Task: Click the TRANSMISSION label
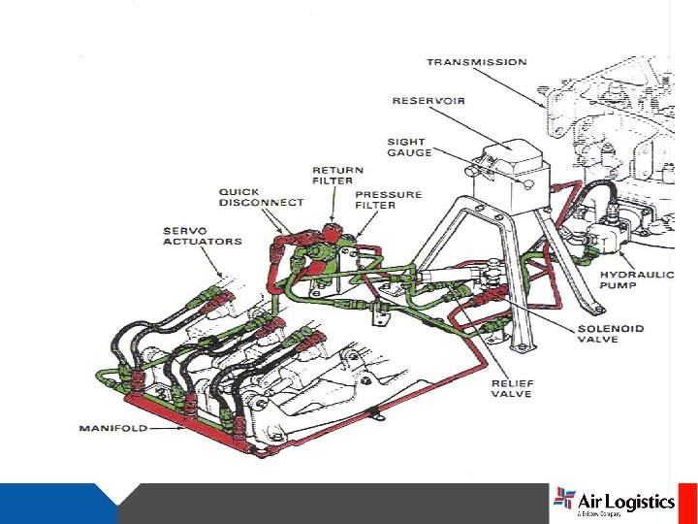pyautogui.click(x=477, y=63)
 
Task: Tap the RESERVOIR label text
pyautogui.click(x=428, y=101)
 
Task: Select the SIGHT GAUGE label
pyautogui.click(x=406, y=147)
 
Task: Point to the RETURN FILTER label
pyautogui.click(x=333, y=175)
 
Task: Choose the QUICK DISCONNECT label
pyautogui.click(x=261, y=197)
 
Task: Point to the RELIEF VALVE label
pyautogui.click(x=511, y=388)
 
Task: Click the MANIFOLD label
pyautogui.click(x=112, y=428)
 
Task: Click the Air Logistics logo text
pyautogui.click(x=625, y=502)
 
